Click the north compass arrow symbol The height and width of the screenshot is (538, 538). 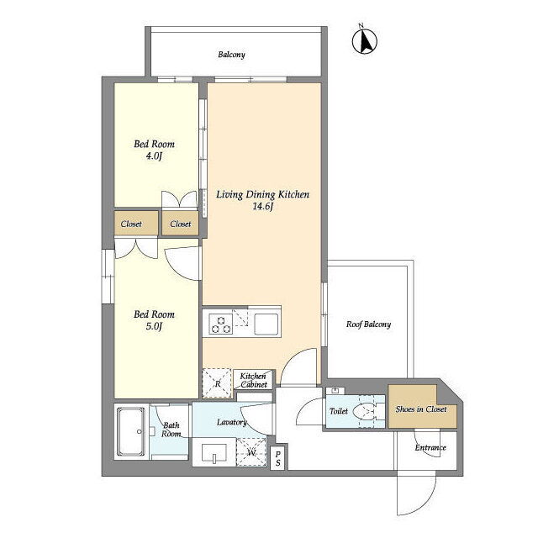364,41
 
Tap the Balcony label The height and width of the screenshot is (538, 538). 232,55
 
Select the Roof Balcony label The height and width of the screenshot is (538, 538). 368,324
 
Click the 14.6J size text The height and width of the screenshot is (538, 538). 262,206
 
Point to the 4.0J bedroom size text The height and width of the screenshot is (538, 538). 154,156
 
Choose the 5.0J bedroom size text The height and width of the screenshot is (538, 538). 154,326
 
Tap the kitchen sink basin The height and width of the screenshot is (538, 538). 266,324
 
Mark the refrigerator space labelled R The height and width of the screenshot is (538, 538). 218,383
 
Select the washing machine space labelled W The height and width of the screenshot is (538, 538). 251,452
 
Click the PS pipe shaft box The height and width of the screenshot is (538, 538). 277,458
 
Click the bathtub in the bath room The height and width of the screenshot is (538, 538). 131,431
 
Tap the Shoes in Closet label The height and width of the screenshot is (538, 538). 421,409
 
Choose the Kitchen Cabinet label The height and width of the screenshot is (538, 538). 253,380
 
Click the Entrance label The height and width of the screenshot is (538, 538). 430,447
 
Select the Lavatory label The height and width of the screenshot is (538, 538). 232,422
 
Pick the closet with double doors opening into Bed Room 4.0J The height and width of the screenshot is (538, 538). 180,224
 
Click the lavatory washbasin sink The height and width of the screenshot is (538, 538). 214,453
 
